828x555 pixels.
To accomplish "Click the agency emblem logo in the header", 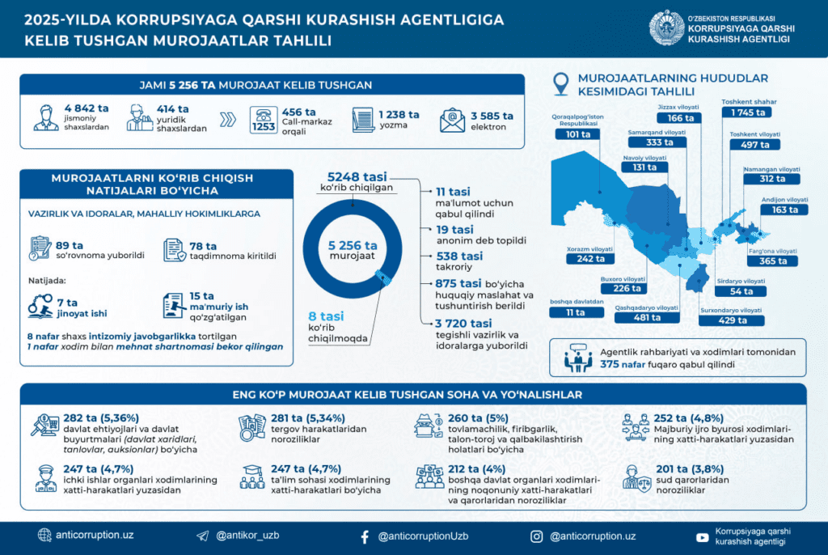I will coord(666,28).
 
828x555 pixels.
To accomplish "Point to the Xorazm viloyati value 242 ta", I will coord(579,260).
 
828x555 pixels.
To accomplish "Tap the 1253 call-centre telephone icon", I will coord(264,121).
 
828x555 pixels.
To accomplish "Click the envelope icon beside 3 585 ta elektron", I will coord(451,120).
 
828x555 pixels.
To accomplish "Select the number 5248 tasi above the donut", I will coord(357,176).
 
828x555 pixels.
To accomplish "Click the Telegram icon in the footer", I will coord(202,536).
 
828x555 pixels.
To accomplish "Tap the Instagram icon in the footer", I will coord(536,536).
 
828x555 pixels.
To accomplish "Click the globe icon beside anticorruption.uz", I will coord(44,535).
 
